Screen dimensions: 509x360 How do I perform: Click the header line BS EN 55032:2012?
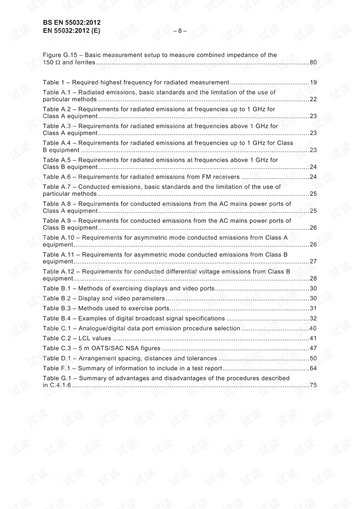[72, 23]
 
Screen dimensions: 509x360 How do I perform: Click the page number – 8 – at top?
[180, 31]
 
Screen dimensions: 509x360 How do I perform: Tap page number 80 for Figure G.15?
[313, 62]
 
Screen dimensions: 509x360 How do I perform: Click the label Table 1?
[51, 83]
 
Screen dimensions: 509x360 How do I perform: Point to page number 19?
[313, 83]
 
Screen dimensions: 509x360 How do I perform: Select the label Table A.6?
[57, 177]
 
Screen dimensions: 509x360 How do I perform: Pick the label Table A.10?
[58, 238]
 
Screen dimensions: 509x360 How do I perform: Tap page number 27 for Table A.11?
[313, 261]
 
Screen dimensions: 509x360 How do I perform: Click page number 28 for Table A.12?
[313, 278]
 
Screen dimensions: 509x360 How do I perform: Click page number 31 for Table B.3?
[313, 308]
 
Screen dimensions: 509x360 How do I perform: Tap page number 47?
[313, 348]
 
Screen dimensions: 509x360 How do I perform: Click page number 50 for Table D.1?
[313, 359]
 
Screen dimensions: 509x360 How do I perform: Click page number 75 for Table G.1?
[313, 385]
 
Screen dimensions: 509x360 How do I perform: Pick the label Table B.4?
[57, 318]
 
